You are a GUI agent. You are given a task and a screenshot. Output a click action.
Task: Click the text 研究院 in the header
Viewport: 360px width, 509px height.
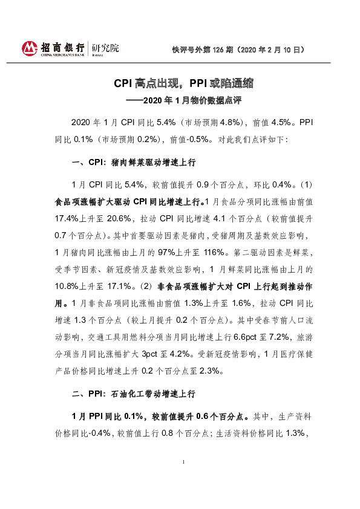105,47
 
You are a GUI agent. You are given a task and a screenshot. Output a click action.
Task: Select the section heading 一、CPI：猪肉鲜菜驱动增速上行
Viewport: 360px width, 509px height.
134,163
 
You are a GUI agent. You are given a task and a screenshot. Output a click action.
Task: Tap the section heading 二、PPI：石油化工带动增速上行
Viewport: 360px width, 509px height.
134,393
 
